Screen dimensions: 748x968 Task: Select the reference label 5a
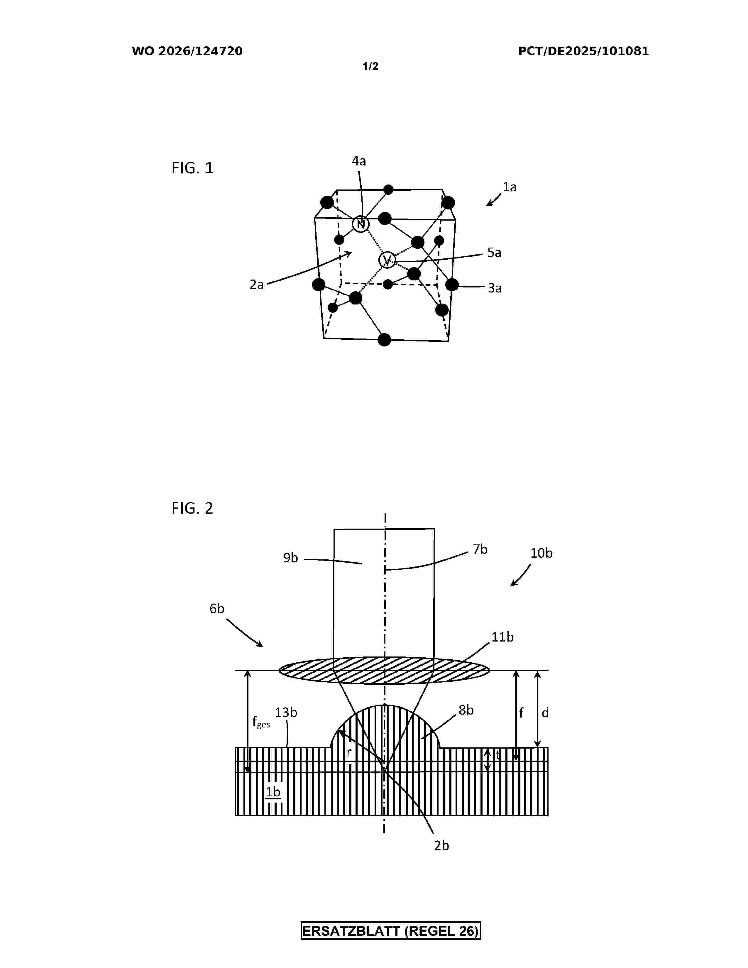[x=494, y=253]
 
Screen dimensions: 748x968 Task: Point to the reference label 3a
[x=495, y=288]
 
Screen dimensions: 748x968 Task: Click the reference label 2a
[x=257, y=285]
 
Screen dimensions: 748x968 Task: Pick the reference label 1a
[x=510, y=187]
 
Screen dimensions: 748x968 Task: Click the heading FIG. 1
[x=193, y=168]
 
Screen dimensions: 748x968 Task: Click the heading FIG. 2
[x=192, y=508]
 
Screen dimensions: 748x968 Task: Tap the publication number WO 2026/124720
[x=187, y=51]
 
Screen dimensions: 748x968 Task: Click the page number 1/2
[x=370, y=67]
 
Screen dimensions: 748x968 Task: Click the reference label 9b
[x=291, y=558]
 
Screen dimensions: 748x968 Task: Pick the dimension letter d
[x=546, y=713]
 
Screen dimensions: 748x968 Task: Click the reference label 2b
[x=441, y=846]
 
